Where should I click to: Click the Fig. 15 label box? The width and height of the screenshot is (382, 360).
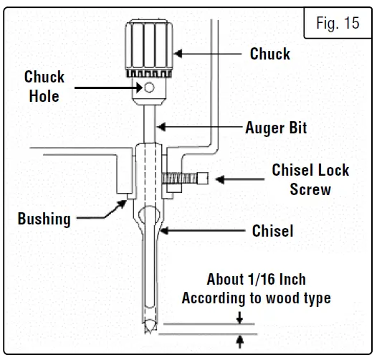click(338, 24)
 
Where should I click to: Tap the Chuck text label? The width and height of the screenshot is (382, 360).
click(269, 54)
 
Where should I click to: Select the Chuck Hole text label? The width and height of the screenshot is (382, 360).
click(44, 86)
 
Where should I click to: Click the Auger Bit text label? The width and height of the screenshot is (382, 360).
click(276, 128)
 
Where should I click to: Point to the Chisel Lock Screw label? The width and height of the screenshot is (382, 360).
click(310, 179)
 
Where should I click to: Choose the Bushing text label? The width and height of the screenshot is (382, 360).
click(44, 219)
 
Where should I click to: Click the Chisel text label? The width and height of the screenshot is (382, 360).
click(272, 231)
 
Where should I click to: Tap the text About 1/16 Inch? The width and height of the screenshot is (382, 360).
click(256, 279)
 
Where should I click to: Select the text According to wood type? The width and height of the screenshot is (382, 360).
click(256, 298)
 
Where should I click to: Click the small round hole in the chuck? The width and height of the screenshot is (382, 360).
click(150, 88)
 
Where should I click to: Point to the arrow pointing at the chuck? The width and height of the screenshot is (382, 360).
click(208, 52)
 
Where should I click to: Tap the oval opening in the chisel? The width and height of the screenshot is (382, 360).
click(150, 217)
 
